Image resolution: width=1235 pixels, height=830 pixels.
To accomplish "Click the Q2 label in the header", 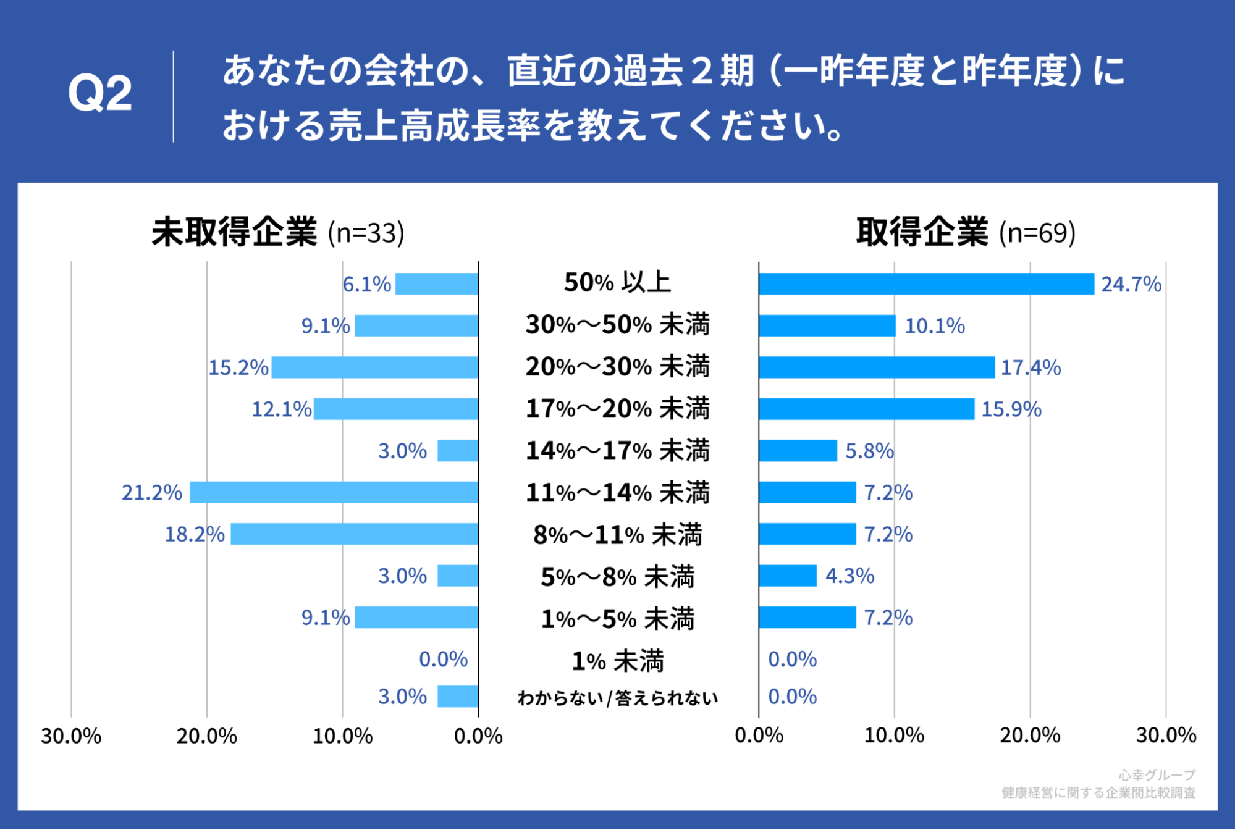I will tap(99, 94).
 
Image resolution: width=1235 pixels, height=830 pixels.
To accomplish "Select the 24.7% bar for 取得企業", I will tap(926, 284).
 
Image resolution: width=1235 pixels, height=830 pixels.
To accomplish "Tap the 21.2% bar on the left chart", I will tap(334, 492).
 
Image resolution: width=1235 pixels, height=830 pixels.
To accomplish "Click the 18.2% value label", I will tap(194, 534).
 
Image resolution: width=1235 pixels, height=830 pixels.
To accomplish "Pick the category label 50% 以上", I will tap(617, 283).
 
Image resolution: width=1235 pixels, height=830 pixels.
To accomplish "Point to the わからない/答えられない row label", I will tap(617, 698).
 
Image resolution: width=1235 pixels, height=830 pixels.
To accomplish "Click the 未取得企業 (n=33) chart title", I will tap(278, 233).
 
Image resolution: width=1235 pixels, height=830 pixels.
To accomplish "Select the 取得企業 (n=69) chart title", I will tap(966, 233).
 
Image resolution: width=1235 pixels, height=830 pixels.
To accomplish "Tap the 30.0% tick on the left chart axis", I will tap(71, 736).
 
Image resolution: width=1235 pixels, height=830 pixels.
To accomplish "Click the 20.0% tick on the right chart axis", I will tap(1030, 736).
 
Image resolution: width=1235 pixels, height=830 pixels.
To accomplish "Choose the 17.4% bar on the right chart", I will tap(876, 367).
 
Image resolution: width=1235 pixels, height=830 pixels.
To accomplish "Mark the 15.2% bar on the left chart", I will tap(374, 367).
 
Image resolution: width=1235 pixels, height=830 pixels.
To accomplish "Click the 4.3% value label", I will tap(849, 576).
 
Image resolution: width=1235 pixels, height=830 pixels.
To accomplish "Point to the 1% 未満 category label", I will tap(617, 661).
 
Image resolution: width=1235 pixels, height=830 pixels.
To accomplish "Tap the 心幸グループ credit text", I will tap(1157, 774).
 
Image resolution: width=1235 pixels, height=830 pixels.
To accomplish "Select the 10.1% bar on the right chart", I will tap(827, 325).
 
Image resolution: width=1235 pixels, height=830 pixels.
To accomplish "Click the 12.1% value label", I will tap(281, 409).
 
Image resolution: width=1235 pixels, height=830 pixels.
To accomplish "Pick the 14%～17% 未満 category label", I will tap(617, 451).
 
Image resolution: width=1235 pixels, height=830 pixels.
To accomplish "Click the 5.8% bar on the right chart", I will tap(798, 451).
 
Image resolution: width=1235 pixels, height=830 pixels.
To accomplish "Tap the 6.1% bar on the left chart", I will tap(437, 284).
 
